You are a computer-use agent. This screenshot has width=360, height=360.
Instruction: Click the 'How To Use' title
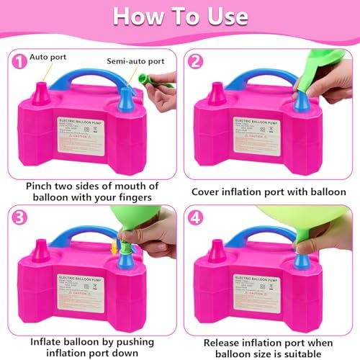tap(180, 16)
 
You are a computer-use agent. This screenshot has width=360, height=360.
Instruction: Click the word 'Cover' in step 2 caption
tap(209, 192)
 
